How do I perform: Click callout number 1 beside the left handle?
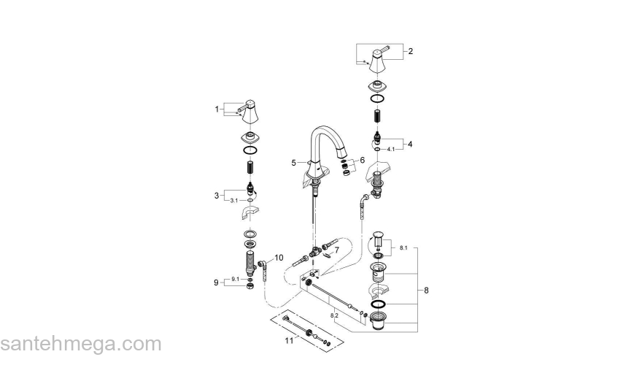pos(217,109)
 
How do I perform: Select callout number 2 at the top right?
pos(410,51)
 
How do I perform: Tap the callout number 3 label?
pos(217,195)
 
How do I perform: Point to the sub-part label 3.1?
pos(233,200)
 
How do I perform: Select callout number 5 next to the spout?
pos(336,250)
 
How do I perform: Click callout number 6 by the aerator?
pos(426,290)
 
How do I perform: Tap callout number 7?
pos(217,283)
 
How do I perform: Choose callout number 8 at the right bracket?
pos(279,258)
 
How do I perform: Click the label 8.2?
pos(335,315)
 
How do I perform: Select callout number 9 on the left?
pos(217,283)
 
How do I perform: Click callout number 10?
pos(279,258)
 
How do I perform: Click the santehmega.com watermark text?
pos(80,344)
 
